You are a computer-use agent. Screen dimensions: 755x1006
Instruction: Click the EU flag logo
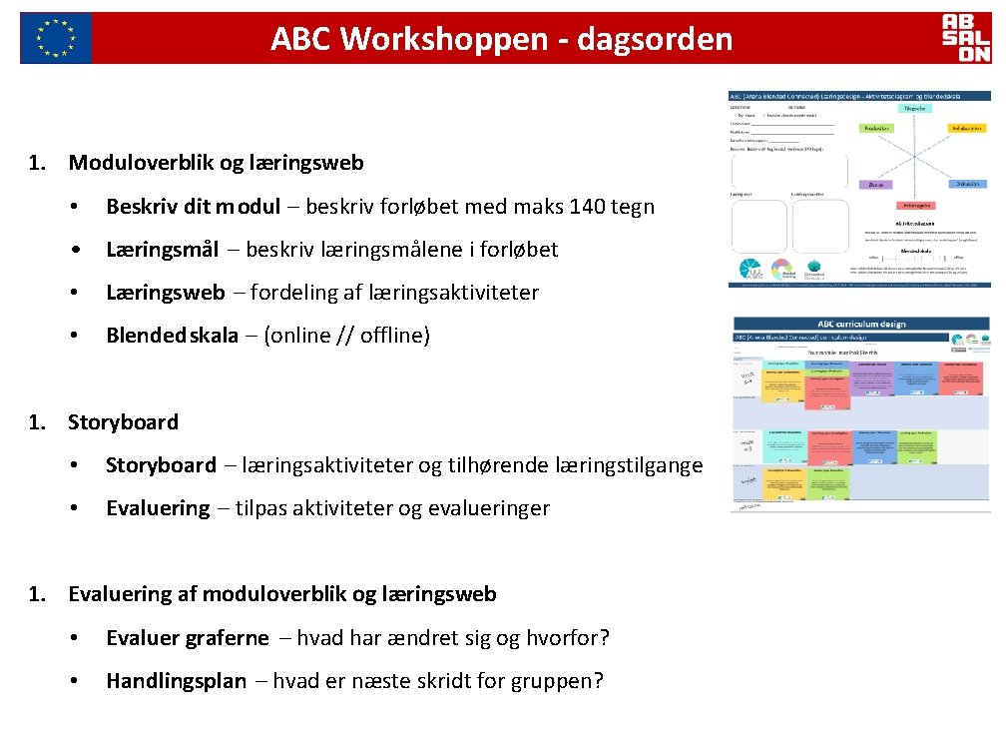[x=56, y=38]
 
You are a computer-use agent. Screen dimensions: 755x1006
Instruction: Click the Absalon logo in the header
[x=966, y=38]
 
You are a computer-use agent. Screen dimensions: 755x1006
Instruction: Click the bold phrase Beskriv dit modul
[x=193, y=207]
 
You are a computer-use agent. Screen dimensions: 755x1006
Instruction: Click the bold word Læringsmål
[x=162, y=250]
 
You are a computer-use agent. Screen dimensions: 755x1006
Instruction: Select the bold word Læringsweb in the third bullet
[x=166, y=293]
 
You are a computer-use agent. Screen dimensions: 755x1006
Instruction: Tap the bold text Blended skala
[x=172, y=336]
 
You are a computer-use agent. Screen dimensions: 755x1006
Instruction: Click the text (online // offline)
[x=346, y=336]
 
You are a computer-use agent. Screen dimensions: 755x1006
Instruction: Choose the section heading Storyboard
[x=123, y=421]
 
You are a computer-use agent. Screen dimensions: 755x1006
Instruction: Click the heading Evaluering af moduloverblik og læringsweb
[x=281, y=594]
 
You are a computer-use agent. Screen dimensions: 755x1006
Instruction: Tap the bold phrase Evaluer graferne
[x=188, y=637]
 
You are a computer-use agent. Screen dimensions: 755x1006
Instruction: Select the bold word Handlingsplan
[x=176, y=681]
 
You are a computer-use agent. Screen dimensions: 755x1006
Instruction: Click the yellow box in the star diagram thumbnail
[x=966, y=129]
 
